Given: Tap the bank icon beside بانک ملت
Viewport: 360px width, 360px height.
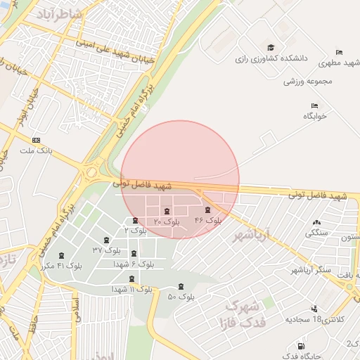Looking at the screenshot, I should click(37, 140).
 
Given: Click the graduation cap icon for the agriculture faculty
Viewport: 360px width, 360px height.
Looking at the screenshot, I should click(271, 47).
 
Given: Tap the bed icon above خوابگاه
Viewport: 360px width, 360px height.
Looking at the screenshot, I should click(314, 106).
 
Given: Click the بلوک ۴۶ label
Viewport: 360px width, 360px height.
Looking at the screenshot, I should click(208, 221).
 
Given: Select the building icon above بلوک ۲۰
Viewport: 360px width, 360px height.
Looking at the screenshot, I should click(167, 212).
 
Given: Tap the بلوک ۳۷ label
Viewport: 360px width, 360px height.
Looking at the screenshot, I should click(108, 250).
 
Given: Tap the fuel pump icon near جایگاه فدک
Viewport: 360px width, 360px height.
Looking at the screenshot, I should click(301, 347).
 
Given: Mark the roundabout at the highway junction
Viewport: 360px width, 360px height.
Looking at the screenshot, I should click(91, 172).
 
